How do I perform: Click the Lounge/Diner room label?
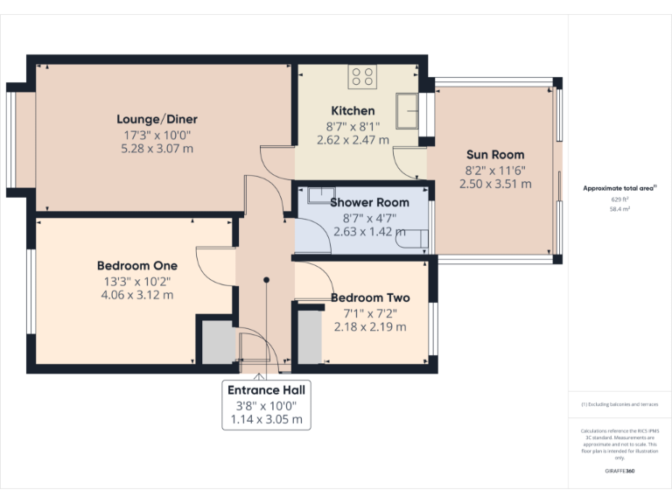(x=157, y=119)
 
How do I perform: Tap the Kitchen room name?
(x=353, y=111)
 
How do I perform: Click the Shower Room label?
(x=369, y=202)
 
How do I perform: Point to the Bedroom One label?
(x=136, y=265)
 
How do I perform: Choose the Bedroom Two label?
(x=370, y=297)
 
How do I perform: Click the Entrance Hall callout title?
(x=267, y=390)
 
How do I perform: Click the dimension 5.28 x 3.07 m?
(x=157, y=149)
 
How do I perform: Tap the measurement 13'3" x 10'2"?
(x=136, y=281)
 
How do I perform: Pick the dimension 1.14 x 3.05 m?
(x=267, y=420)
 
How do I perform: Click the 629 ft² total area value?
(x=619, y=199)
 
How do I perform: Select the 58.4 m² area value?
(x=619, y=210)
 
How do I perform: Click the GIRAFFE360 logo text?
(x=619, y=472)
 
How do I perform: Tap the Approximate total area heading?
(x=619, y=188)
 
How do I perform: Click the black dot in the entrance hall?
(x=267, y=280)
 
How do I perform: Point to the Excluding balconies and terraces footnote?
(x=619, y=404)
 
